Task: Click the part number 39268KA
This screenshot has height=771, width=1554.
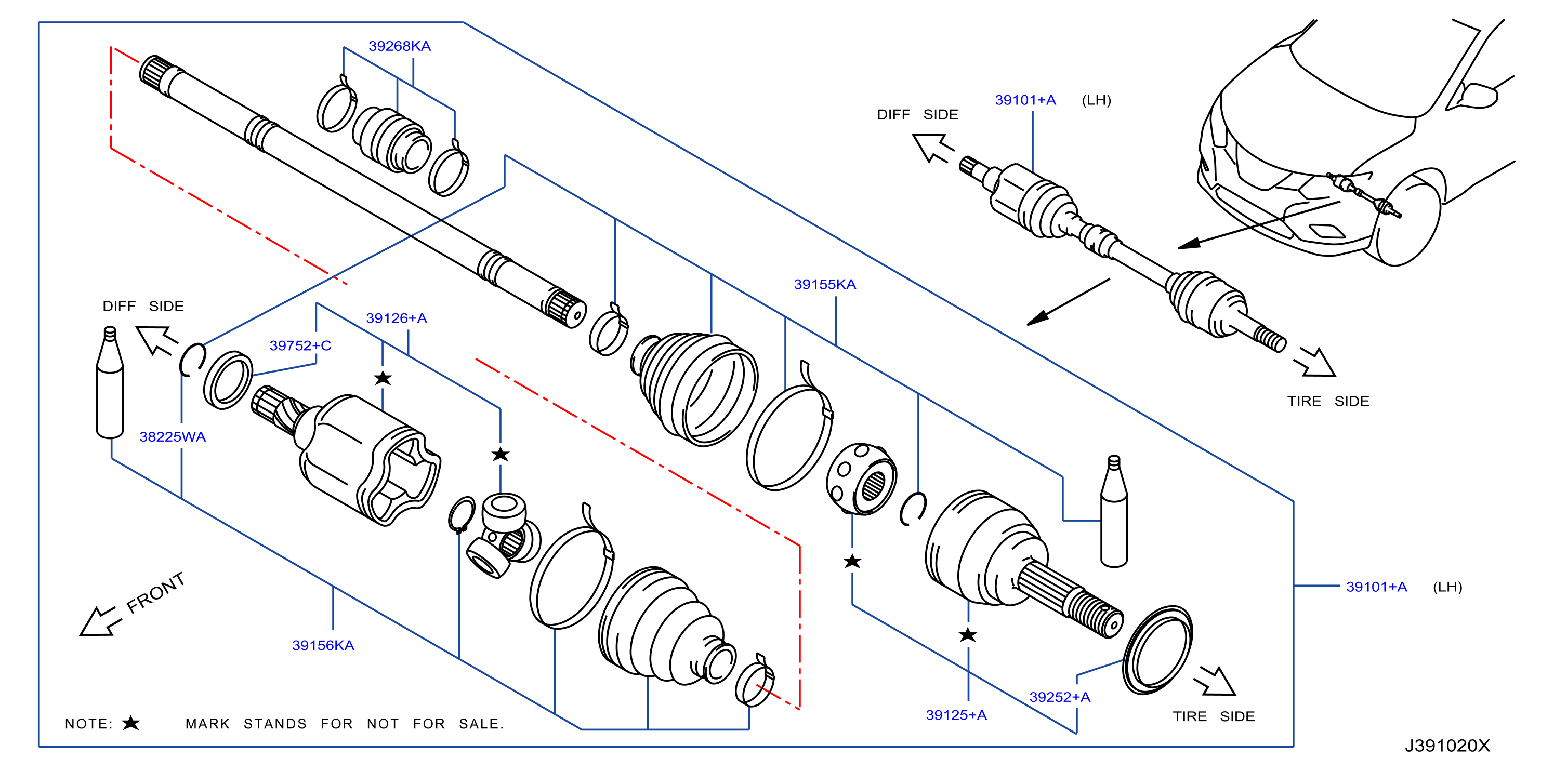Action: [399, 46]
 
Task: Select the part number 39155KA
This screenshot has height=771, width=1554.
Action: [825, 285]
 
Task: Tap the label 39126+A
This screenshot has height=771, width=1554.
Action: [397, 318]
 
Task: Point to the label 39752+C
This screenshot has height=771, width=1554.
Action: [300, 346]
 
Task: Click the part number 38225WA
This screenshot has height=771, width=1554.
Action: [173, 437]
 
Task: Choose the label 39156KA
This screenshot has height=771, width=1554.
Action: [323, 646]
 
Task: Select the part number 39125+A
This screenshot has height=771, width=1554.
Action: [956, 715]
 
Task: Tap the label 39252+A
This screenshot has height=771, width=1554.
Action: [1060, 697]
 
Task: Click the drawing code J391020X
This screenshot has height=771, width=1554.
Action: [1447, 746]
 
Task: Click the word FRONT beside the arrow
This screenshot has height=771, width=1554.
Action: [155, 593]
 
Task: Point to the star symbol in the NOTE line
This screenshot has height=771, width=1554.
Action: [131, 723]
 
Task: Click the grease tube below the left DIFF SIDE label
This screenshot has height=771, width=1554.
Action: [110, 382]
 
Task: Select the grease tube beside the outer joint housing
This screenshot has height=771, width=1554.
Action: [1114, 511]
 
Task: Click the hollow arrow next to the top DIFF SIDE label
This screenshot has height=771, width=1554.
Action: [932, 148]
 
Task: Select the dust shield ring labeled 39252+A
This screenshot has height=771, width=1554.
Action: [1157, 650]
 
